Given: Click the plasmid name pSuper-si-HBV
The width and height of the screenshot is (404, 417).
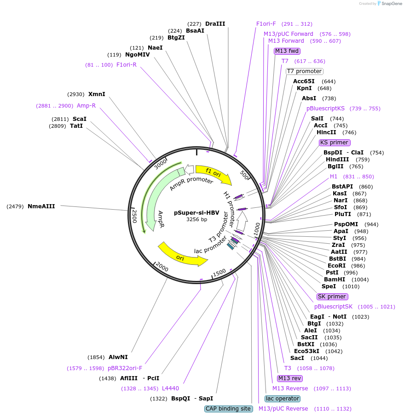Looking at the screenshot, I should click(196, 213).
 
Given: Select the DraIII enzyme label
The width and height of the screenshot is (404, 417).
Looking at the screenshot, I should click(215, 24).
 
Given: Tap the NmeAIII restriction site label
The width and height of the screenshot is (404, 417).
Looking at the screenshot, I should click(41, 206).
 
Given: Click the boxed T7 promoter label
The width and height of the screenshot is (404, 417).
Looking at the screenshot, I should click(304, 71).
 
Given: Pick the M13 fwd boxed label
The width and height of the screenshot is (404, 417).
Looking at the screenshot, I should click(287, 51).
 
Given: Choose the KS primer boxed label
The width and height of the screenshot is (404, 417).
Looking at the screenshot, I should click(334, 143).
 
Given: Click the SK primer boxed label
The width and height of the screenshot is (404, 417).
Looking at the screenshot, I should click(332, 297).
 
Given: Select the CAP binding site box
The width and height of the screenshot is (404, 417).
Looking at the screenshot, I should click(228, 409).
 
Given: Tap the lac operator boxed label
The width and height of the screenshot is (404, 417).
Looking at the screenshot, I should click(283, 399).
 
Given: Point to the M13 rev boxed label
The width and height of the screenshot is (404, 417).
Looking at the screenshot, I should click(289, 378).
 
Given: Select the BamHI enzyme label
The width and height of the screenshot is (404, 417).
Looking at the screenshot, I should click(335, 280).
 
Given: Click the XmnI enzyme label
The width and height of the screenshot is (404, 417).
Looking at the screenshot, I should click(97, 94).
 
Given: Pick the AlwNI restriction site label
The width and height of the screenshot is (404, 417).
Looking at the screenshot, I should click(118, 357).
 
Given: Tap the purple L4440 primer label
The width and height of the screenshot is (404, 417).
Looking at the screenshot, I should click(170, 388).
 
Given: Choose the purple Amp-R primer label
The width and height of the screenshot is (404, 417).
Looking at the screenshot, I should click(86, 106).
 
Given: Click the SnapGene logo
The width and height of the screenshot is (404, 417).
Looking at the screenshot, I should click(389, 4).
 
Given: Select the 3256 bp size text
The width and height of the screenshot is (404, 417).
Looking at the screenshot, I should click(196, 220).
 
